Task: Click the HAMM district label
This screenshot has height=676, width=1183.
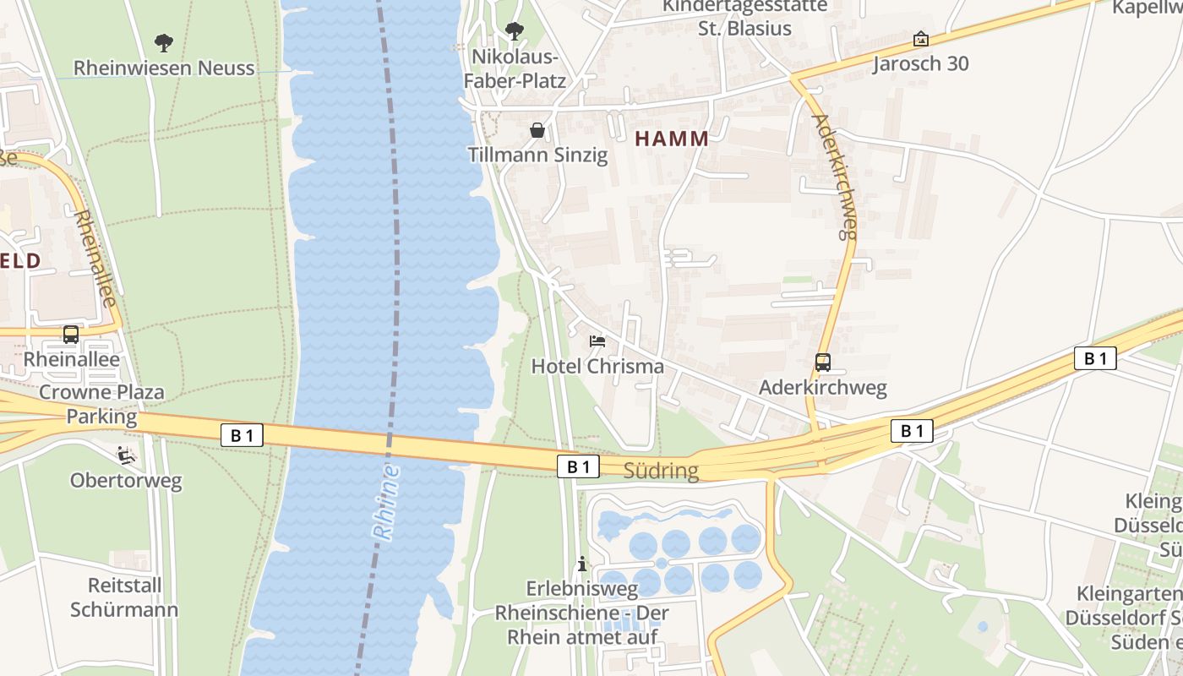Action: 672,139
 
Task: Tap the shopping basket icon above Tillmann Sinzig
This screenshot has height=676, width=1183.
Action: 537,130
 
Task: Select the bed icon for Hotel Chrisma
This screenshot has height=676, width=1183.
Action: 597,341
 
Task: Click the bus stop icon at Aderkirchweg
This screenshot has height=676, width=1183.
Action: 823,363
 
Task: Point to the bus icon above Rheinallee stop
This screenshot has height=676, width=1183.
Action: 71,335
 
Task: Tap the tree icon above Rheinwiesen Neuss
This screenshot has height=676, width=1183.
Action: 164,41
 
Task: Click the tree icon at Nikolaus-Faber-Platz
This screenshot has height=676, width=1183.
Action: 514,32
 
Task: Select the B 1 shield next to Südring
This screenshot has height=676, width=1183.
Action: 578,466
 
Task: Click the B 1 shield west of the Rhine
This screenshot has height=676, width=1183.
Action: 242,435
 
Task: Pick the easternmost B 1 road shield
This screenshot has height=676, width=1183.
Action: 1095,358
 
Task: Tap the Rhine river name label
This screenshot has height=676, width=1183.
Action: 385,502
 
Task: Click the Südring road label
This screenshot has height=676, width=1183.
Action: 661,471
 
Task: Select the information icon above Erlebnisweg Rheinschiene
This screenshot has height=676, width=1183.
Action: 582,564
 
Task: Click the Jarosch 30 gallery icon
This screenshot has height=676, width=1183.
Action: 920,39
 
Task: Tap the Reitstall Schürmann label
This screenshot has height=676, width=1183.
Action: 124,597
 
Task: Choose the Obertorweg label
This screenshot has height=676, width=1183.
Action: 126,481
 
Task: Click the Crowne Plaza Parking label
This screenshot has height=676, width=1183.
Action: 101,404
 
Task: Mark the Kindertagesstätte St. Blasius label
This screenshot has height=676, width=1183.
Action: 744,17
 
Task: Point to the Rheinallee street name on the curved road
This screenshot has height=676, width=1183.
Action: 95,258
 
